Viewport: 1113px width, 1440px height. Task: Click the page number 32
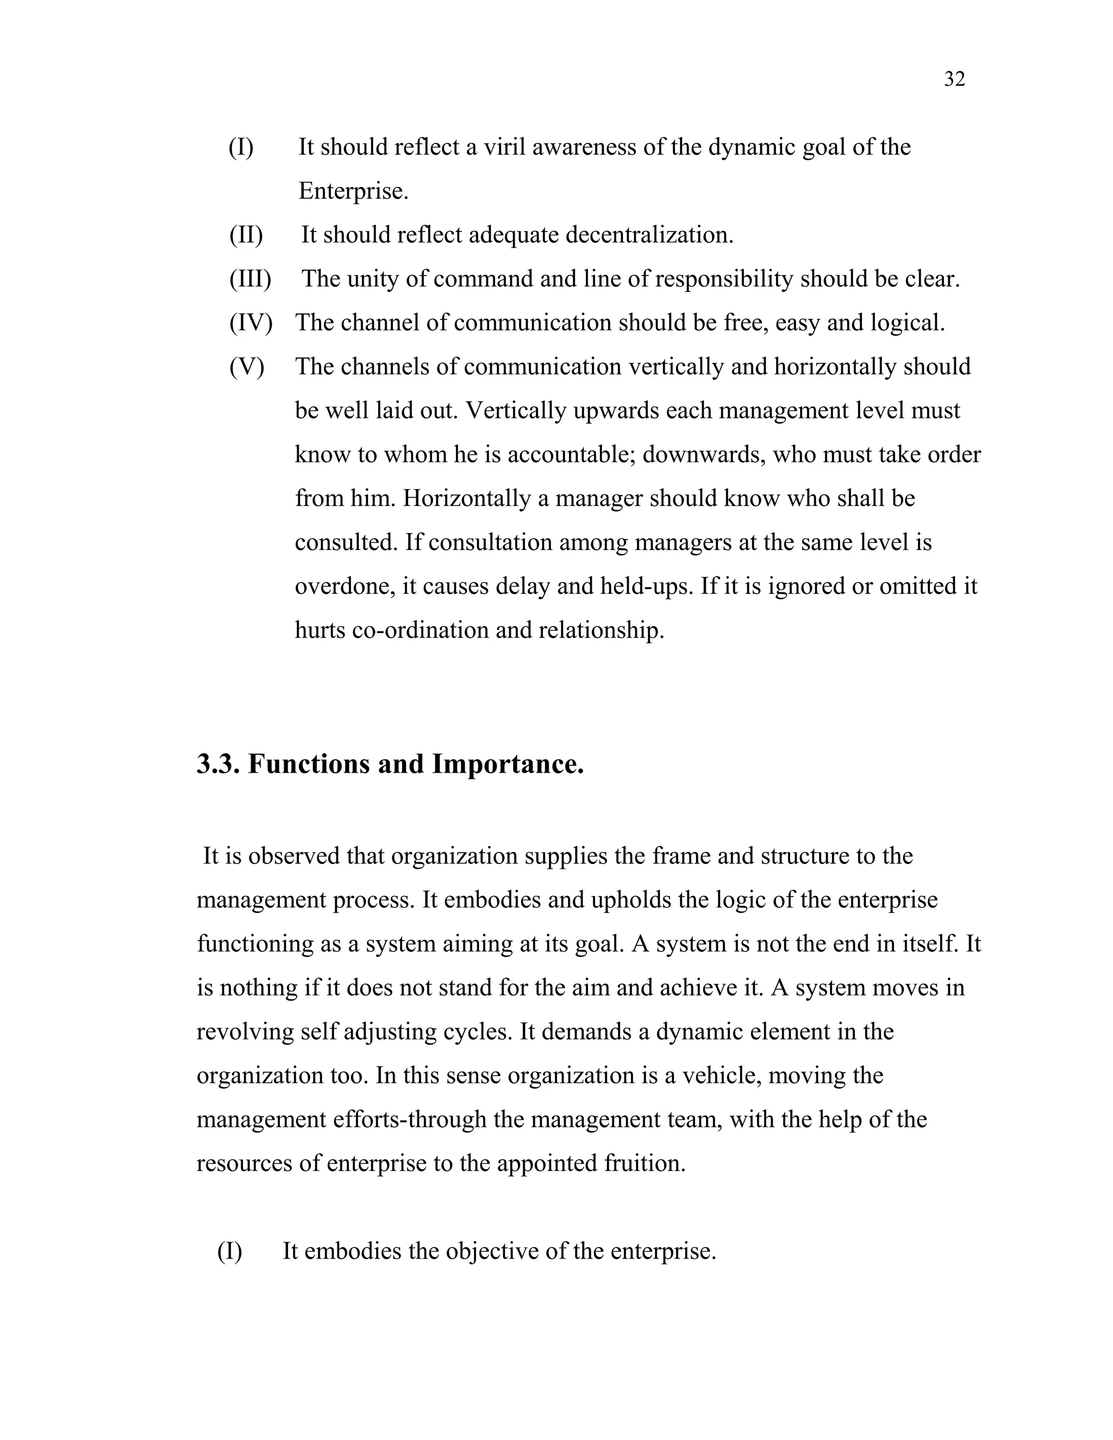[954, 79]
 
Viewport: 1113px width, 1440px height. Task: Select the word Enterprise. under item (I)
[353, 191]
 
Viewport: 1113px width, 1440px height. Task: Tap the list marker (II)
[246, 235]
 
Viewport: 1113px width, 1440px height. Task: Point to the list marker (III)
[250, 279]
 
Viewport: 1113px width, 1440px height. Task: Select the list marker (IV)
[251, 322]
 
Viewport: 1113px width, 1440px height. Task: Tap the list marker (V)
[246, 367]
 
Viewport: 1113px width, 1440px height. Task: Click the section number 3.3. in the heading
[218, 764]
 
